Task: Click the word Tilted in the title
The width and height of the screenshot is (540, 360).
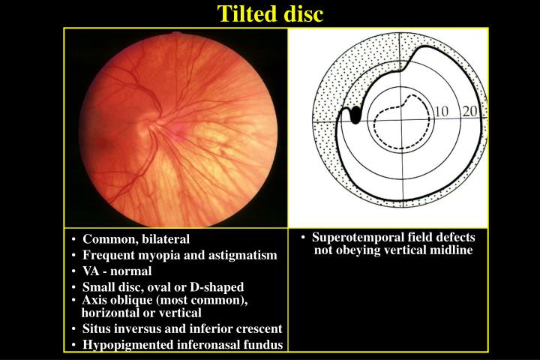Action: coord(244,13)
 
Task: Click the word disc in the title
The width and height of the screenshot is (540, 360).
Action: coord(302,13)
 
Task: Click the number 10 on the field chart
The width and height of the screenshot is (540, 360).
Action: coord(442,112)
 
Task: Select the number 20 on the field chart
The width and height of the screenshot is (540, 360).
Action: coord(470,112)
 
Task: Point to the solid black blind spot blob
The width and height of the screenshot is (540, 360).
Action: coord(355,115)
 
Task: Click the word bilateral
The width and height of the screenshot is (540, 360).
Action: coord(164,239)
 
